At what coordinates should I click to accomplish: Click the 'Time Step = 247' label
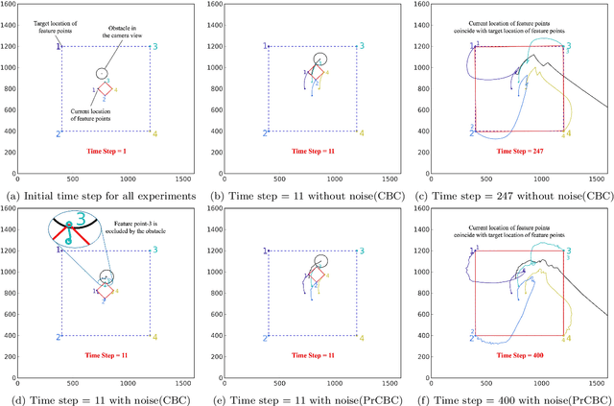tap(516, 152)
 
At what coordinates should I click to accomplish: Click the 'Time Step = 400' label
tap(516, 355)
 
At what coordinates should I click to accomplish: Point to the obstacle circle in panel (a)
tap(102, 73)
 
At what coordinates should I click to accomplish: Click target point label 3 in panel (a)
tap(155, 46)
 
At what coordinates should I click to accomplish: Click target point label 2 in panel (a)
tap(58, 133)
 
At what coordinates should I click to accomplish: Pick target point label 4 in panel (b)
tap(363, 133)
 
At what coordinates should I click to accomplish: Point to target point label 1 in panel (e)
tap(264, 250)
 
